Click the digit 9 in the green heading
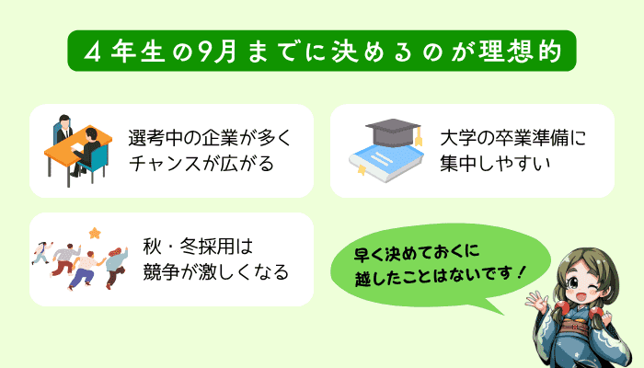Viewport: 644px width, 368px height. (205, 52)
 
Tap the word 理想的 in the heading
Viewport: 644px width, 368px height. (522, 52)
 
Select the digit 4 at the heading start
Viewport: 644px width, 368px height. (93, 52)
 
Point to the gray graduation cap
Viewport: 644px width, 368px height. (393, 132)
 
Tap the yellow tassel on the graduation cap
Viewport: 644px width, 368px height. (419, 137)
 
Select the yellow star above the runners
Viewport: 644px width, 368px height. (95, 234)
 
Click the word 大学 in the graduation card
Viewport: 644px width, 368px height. (457, 138)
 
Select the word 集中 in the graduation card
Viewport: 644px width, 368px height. (457, 164)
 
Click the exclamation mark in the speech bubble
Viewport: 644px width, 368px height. (522, 272)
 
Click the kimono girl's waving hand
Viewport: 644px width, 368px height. (538, 303)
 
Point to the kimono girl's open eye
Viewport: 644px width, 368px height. (574, 283)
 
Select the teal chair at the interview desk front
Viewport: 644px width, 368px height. (96, 161)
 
